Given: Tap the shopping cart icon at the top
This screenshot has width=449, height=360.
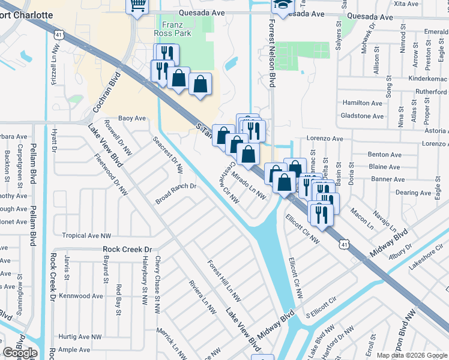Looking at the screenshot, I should (x=137, y=5).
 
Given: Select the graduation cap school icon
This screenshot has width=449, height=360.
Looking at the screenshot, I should (x=280, y=5).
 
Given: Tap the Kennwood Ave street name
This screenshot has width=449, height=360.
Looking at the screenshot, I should (x=81, y=296).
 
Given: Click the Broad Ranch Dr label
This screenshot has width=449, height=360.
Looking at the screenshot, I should (x=176, y=187).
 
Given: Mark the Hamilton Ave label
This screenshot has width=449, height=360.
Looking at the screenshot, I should (x=362, y=103).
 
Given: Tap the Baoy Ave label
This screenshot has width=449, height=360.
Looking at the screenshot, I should (x=132, y=118).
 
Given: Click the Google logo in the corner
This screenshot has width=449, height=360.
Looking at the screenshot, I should (x=20, y=353).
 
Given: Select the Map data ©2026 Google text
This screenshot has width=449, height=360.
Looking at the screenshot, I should (x=412, y=355).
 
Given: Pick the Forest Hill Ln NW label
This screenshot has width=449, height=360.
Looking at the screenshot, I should (x=224, y=280).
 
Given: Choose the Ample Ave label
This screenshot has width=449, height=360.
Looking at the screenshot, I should (x=74, y=350).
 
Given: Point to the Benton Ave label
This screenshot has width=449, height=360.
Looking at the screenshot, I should (x=385, y=155).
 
